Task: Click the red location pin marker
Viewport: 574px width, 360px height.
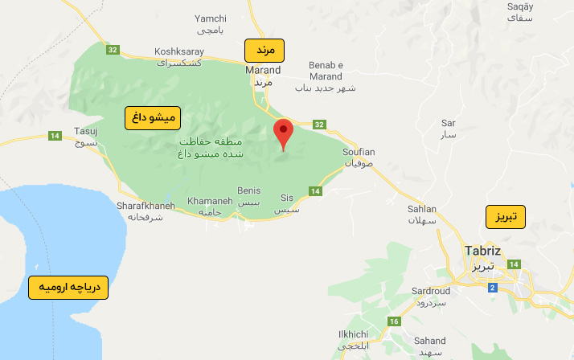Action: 283,133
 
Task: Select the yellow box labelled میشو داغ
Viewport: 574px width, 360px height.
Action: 153,118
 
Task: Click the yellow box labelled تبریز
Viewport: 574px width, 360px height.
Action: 505,217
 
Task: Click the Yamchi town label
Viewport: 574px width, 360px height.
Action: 211,18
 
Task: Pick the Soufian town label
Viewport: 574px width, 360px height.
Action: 359,151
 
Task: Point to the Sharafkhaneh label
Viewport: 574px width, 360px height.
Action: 146,206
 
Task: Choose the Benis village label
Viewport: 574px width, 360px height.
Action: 250,190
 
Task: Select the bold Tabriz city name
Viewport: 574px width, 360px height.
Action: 483,251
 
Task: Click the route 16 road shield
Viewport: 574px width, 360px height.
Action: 393,322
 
